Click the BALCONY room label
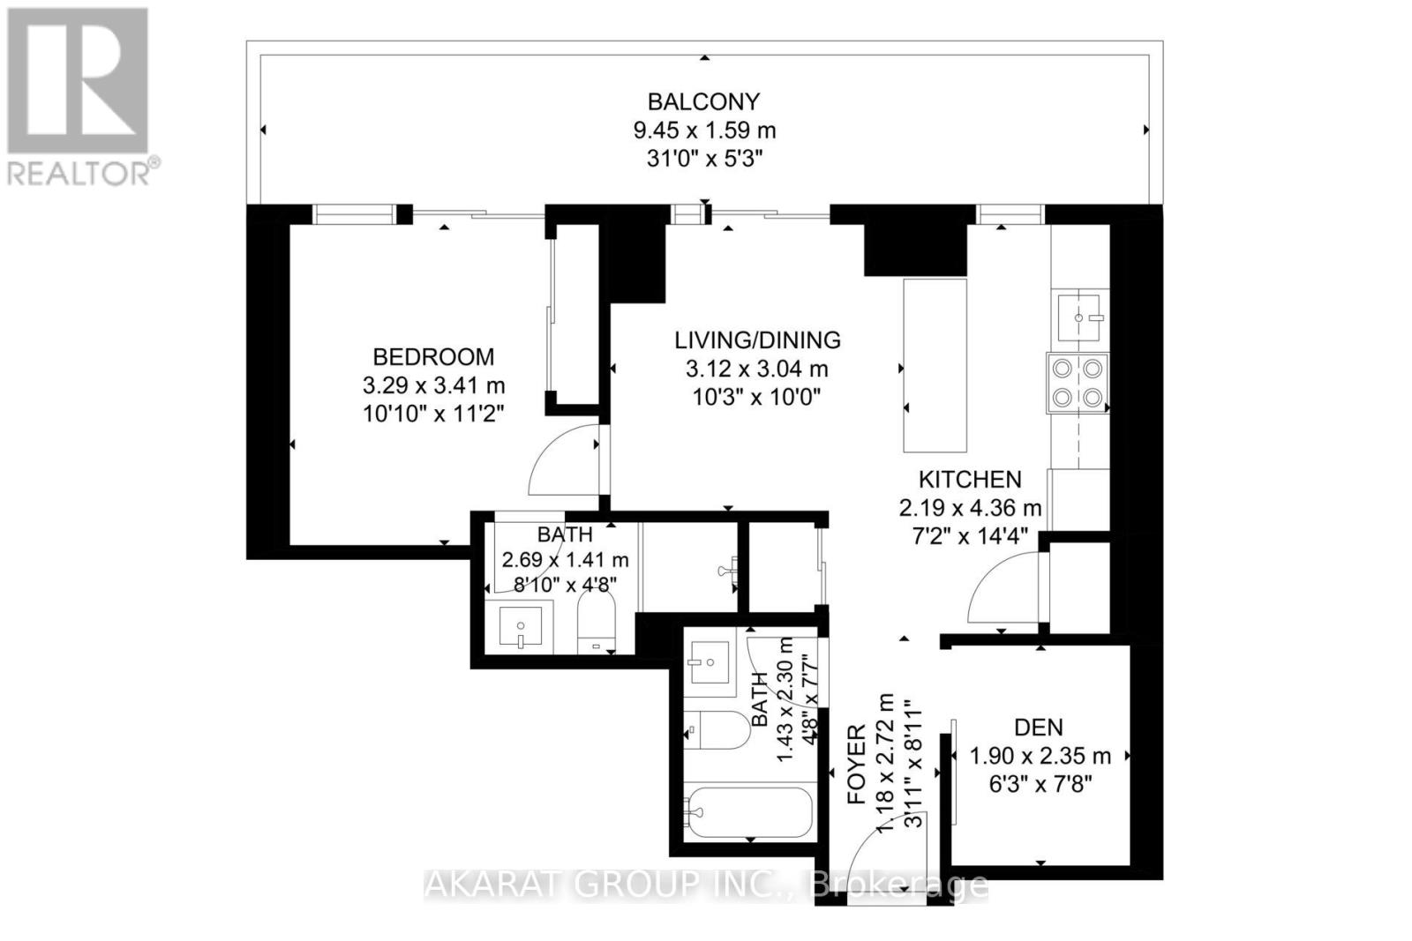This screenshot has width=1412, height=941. pyautogui.click(x=703, y=101)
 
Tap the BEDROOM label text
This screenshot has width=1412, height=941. pyautogui.click(x=433, y=357)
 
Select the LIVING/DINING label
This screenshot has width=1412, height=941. pyautogui.click(x=757, y=340)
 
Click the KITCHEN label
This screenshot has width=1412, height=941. pyautogui.click(x=970, y=480)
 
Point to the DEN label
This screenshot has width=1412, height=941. pyautogui.click(x=1039, y=728)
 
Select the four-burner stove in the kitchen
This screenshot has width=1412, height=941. pyautogui.click(x=1078, y=383)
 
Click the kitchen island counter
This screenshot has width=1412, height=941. pyautogui.click(x=935, y=365)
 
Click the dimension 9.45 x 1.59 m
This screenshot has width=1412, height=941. pyautogui.click(x=703, y=131)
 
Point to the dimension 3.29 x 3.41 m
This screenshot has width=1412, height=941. pyautogui.click(x=433, y=385)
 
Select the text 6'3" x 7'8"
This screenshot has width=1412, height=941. pyautogui.click(x=1040, y=784)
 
